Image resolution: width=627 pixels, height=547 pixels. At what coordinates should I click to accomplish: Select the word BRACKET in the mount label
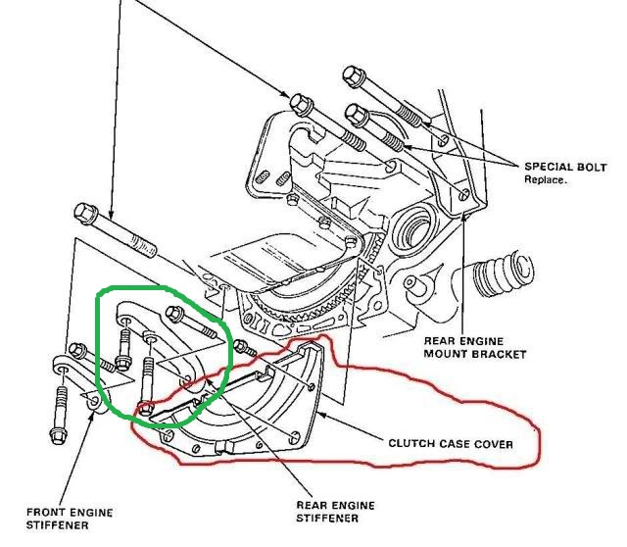point(500,354)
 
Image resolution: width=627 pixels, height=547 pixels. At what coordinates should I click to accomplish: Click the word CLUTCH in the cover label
point(410,444)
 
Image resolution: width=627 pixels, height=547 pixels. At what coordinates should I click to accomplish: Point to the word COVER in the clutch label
point(493,444)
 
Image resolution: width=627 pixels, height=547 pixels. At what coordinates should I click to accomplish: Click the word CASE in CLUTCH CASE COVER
point(454,444)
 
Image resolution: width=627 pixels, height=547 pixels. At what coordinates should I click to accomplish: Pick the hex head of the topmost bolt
point(354,75)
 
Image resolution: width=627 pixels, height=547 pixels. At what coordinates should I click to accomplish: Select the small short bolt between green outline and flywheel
point(242,347)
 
